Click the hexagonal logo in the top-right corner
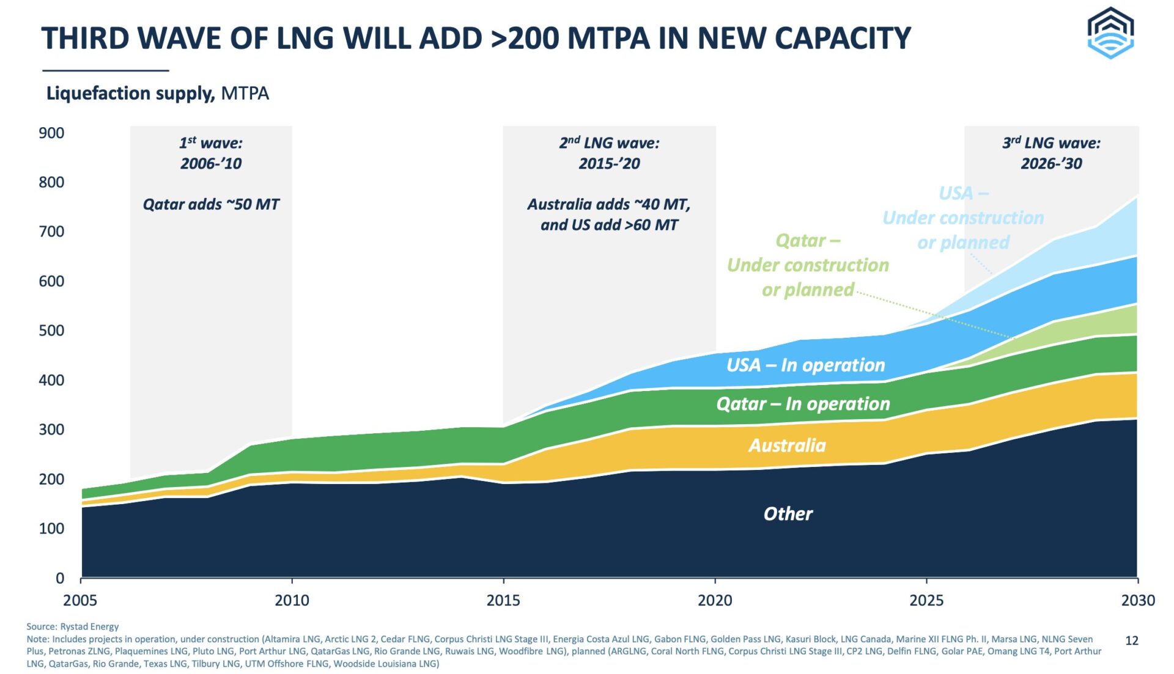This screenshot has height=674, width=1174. [1110, 33]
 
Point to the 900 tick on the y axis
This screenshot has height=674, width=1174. [52, 133]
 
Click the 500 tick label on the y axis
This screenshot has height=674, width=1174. [52, 331]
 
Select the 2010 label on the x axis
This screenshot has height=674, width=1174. [292, 600]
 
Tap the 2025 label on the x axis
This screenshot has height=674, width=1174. [926, 600]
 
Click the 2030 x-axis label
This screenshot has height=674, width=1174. [1137, 600]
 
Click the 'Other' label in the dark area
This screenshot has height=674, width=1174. [788, 514]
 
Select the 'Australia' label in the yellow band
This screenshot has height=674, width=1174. [787, 445]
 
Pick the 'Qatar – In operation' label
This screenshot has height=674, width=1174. [803, 404]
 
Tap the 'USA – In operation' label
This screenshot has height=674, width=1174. [805, 365]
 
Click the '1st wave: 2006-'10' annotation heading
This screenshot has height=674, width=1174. [211, 153]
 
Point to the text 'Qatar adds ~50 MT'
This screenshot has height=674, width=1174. [211, 204]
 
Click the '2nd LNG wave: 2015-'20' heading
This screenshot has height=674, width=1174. [609, 153]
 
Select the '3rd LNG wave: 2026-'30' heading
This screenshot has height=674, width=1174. [1051, 153]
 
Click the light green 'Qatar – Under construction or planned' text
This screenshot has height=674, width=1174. [808, 265]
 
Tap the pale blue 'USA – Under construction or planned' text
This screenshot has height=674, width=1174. [963, 218]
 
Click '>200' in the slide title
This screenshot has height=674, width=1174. [525, 38]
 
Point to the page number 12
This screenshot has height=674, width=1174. [1132, 640]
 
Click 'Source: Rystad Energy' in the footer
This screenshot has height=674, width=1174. [72, 626]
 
